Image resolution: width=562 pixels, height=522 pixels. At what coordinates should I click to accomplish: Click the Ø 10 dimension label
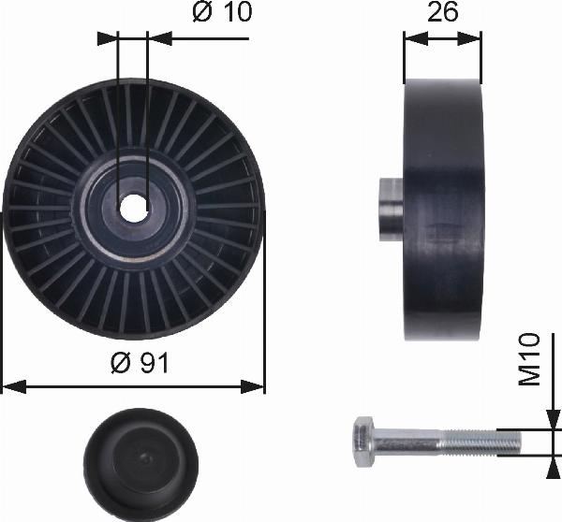coord(222,11)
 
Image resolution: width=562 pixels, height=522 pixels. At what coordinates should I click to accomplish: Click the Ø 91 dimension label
coord(140,362)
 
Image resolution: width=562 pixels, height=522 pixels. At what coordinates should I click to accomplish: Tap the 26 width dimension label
coord(443,11)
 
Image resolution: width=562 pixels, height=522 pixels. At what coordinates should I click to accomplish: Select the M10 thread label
coord(530,359)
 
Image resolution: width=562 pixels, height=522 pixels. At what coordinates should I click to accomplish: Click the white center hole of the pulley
coord(134,208)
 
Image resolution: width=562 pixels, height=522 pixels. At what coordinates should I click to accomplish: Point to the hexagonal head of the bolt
coord(363,442)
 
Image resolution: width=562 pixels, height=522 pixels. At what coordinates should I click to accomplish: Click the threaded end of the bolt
coord(481,442)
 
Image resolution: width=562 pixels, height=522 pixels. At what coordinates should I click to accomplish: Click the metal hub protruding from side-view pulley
coord(392,210)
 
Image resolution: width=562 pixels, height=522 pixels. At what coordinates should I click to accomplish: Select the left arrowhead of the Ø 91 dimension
coord(14,387)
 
